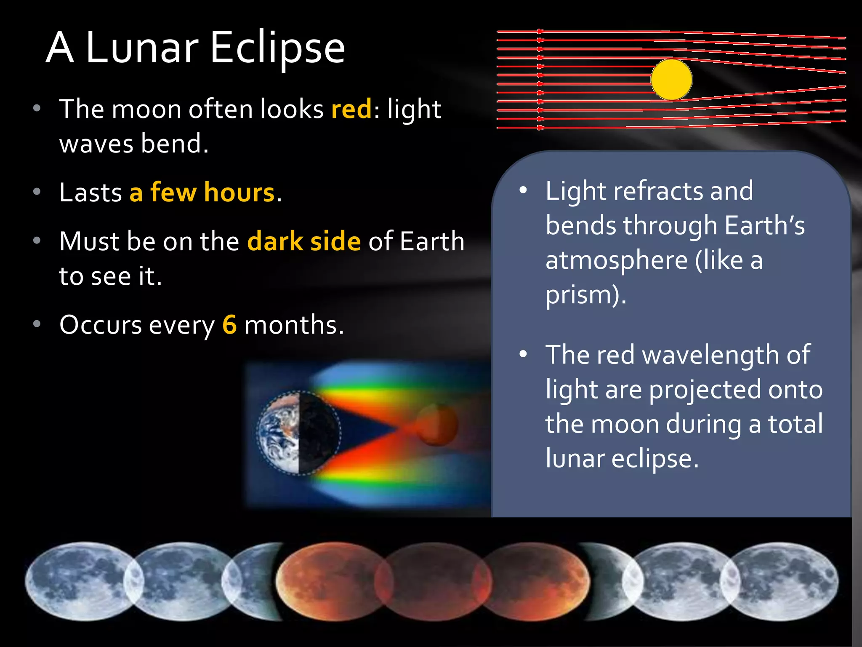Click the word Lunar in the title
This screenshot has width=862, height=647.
[142, 48]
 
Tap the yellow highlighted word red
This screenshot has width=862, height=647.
[351, 109]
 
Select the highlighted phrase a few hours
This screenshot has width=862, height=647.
[202, 192]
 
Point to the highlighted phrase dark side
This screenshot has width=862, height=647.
[304, 241]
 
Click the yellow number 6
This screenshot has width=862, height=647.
[229, 325]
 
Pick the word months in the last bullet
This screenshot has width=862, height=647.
[293, 325]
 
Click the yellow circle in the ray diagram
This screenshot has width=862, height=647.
[671, 80]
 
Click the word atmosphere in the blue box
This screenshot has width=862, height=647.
[616, 260]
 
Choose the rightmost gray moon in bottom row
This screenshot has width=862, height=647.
[783, 581]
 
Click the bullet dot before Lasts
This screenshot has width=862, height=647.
[37, 192]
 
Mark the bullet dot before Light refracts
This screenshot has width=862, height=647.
[523, 190]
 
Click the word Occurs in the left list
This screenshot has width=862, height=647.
[101, 325]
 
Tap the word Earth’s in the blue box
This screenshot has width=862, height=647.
[764, 226]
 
